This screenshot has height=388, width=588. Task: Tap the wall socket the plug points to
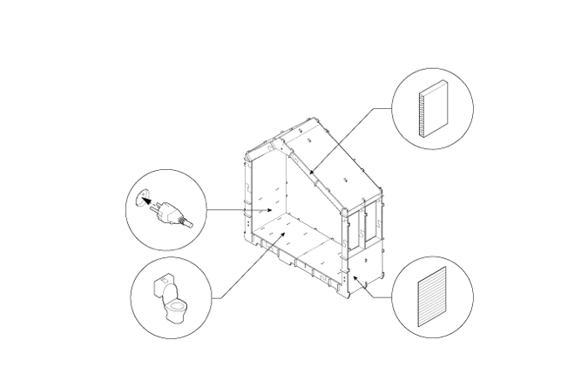144,200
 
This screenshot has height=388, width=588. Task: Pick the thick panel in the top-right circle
432,110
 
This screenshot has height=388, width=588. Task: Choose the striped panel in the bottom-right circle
432,297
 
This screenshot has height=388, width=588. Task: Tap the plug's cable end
189,224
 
